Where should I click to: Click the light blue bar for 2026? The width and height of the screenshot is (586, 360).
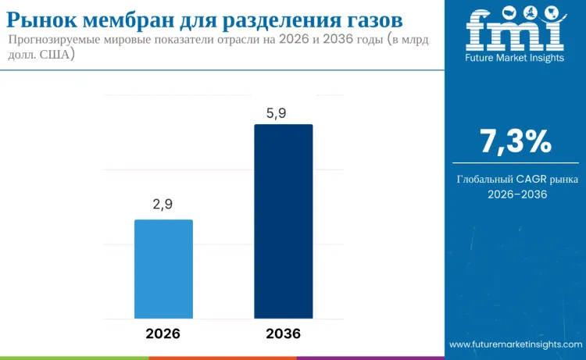coord(163,269)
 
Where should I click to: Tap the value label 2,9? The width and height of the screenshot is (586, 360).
coord(163,205)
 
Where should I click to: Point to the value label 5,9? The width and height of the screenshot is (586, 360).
coord(277,113)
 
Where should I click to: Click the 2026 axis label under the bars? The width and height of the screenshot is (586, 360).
coord(163,333)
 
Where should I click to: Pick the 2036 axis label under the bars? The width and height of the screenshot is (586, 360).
coord(283,333)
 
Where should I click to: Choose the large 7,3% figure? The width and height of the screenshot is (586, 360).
coord(515,142)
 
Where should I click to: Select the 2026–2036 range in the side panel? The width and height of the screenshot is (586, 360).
coord(515,194)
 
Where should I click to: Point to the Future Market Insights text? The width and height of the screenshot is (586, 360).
coord(514,58)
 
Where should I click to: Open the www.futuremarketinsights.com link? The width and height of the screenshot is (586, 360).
coord(516,344)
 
